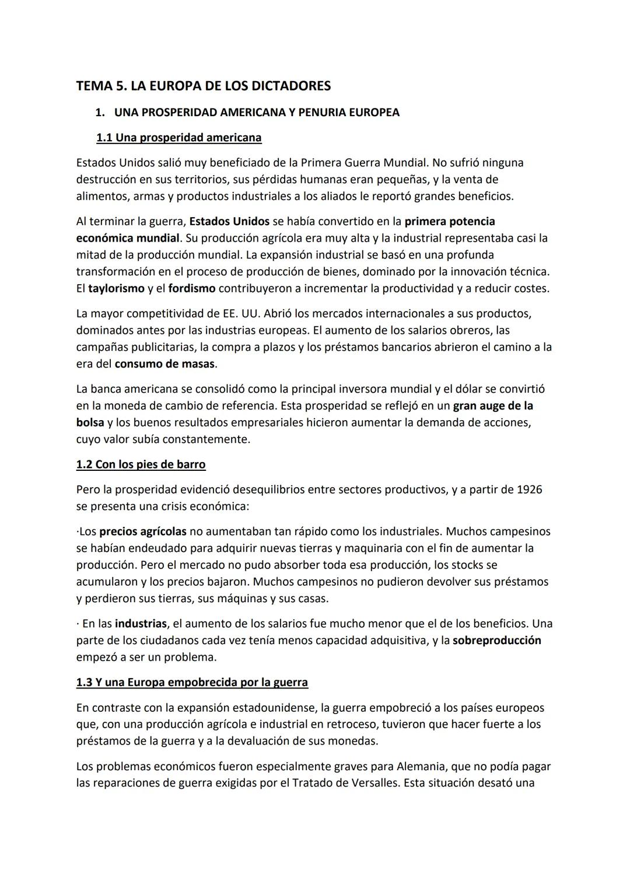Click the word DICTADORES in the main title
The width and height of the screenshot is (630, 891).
(290, 86)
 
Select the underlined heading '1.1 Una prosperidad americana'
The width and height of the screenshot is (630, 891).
(178, 138)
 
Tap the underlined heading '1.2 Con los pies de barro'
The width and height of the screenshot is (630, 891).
(141, 464)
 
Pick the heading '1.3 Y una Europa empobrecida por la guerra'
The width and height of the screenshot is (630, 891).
(192, 682)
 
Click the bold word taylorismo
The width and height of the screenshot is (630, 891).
(116, 288)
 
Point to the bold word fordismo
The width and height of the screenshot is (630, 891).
(192, 288)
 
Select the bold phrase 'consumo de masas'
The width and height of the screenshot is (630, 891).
(164, 364)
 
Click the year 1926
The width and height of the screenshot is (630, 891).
(529, 489)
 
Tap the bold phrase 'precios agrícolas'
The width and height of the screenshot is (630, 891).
(143, 532)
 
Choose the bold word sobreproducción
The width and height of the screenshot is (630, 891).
(496, 640)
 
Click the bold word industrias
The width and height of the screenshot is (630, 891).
(141, 623)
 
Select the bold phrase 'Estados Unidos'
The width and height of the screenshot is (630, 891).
(229, 221)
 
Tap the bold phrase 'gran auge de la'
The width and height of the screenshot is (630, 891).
(493, 406)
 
